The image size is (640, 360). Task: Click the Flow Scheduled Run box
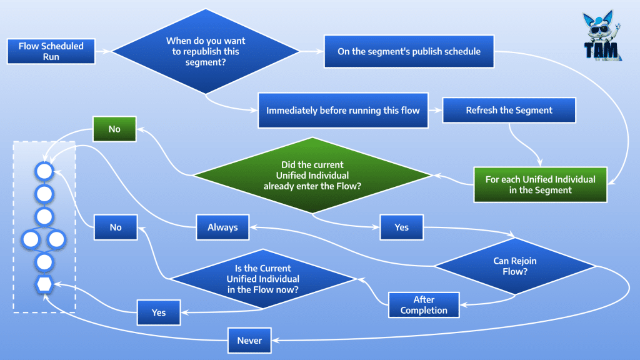(51, 51)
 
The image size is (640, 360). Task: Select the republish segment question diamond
(206, 51)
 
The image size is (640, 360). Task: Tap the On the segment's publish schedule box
(409, 51)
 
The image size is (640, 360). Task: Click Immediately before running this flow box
(342, 111)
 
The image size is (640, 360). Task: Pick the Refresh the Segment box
(509, 111)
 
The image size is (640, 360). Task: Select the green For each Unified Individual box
(540, 184)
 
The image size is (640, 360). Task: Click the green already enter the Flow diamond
(312, 176)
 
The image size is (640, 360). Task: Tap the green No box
(114, 129)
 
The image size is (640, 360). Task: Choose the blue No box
(116, 227)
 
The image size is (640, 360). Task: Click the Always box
(222, 227)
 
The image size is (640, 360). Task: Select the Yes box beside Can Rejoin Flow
(401, 227)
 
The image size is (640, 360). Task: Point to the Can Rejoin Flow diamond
(515, 266)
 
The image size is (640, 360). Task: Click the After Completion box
(424, 305)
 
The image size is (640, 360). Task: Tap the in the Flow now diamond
(262, 279)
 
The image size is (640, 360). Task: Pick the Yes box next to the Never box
(159, 312)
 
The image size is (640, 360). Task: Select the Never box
(249, 341)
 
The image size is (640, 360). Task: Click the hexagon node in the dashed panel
(44, 284)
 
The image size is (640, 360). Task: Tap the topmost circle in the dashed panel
(44, 171)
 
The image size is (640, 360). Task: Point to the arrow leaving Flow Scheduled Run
(103, 51)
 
